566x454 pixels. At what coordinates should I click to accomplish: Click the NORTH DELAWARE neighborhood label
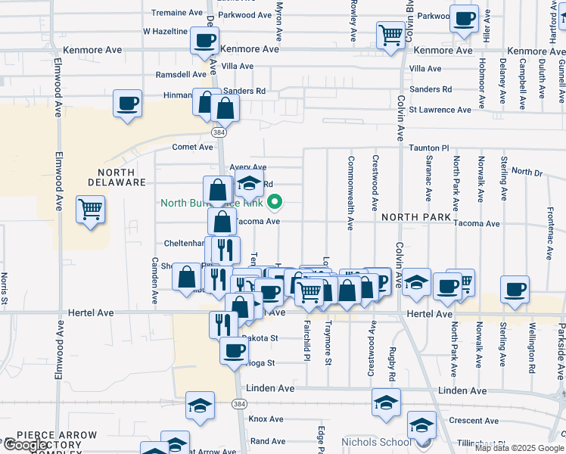tap(115, 176)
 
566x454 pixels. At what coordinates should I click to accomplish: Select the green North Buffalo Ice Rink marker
tap(275, 202)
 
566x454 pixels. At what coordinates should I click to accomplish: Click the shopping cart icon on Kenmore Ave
tap(390, 34)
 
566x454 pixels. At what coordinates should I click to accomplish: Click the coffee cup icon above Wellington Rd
tap(515, 288)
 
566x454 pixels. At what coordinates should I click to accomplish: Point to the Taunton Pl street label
tap(429, 149)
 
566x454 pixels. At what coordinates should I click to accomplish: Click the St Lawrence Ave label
tap(440, 110)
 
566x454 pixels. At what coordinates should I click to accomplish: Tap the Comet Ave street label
tap(193, 148)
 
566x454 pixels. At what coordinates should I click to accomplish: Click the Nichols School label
tap(377, 441)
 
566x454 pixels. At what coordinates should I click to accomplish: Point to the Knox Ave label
tap(266, 418)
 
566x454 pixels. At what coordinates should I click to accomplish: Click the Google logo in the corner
tap(26, 446)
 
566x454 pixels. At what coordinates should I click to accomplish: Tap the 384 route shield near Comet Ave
tap(219, 132)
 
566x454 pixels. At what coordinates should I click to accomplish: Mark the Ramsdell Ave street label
tap(180, 75)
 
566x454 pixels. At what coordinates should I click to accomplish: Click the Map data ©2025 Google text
tap(518, 448)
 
